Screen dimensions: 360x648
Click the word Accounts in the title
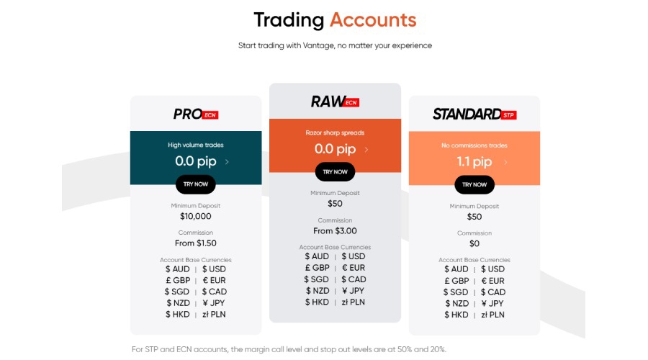[x=373, y=19]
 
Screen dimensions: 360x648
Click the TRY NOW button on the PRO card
[x=195, y=184]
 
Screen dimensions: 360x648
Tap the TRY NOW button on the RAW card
[x=335, y=172]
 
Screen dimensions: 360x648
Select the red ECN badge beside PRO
[x=210, y=114]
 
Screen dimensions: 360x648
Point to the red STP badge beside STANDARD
[x=509, y=114]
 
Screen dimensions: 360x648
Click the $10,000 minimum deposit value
[x=196, y=216]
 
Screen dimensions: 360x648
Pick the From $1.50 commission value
[x=196, y=243]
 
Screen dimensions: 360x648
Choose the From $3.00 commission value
[x=335, y=231]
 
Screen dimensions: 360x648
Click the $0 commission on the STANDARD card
[x=474, y=243]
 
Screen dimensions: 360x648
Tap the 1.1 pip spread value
[x=474, y=162]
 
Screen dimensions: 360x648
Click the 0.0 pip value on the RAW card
[x=335, y=150]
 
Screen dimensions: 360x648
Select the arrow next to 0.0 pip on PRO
[x=228, y=162]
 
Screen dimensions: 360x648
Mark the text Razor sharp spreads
[x=335, y=132]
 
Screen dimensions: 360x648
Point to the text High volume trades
[x=196, y=145]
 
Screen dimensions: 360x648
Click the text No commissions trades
[x=474, y=145]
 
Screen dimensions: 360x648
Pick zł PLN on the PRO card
[x=214, y=315]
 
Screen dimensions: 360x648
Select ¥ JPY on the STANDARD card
[x=492, y=303]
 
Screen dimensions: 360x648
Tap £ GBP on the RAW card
[x=318, y=268]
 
